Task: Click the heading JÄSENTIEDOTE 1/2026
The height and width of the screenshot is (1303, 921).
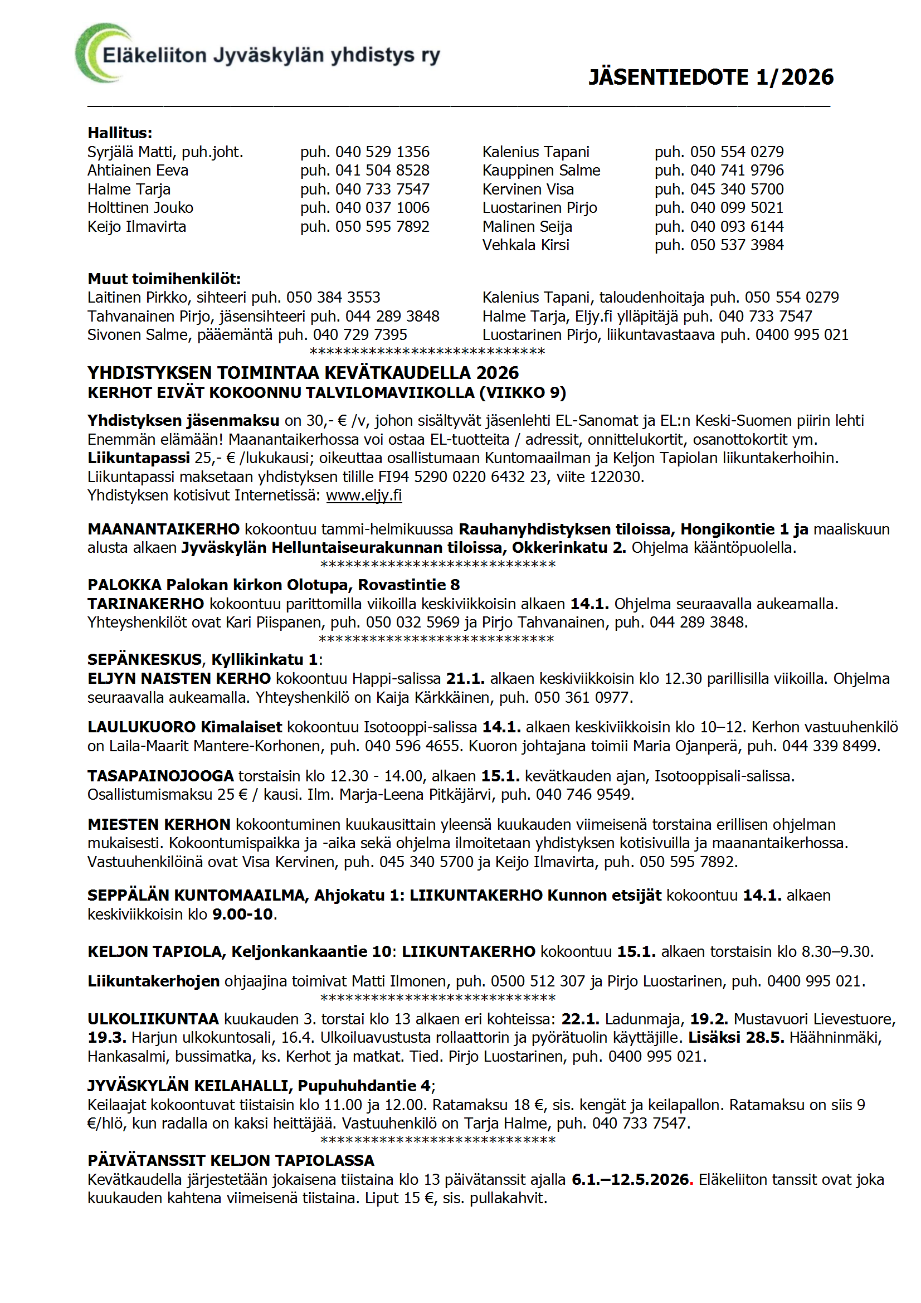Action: pos(710,77)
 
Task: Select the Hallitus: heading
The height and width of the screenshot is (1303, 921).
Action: pos(120,133)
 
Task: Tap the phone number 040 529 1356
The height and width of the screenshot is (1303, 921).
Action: pos(382,152)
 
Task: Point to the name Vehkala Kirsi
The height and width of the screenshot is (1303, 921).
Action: pos(525,245)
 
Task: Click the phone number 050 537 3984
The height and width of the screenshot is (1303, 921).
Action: pos(737,245)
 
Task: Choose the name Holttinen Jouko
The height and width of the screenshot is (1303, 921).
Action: pos(140,208)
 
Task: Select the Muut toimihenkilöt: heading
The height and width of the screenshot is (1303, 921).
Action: pos(164,279)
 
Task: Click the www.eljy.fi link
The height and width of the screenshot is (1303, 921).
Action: pos(364,495)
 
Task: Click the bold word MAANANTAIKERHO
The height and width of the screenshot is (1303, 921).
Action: pos(163,529)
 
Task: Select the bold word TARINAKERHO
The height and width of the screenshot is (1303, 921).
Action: pos(145,604)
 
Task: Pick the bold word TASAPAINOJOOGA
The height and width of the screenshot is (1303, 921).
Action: pos(160,776)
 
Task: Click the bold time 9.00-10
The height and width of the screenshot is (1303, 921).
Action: pos(243,914)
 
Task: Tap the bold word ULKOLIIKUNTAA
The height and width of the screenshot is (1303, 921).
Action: pos(153,1019)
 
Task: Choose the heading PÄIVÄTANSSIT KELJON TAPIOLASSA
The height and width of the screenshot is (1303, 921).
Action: pos(231,1160)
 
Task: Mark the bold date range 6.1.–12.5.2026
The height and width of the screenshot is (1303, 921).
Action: pos(630,1180)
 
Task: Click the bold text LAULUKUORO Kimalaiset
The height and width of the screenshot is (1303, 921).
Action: pos(184,727)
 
